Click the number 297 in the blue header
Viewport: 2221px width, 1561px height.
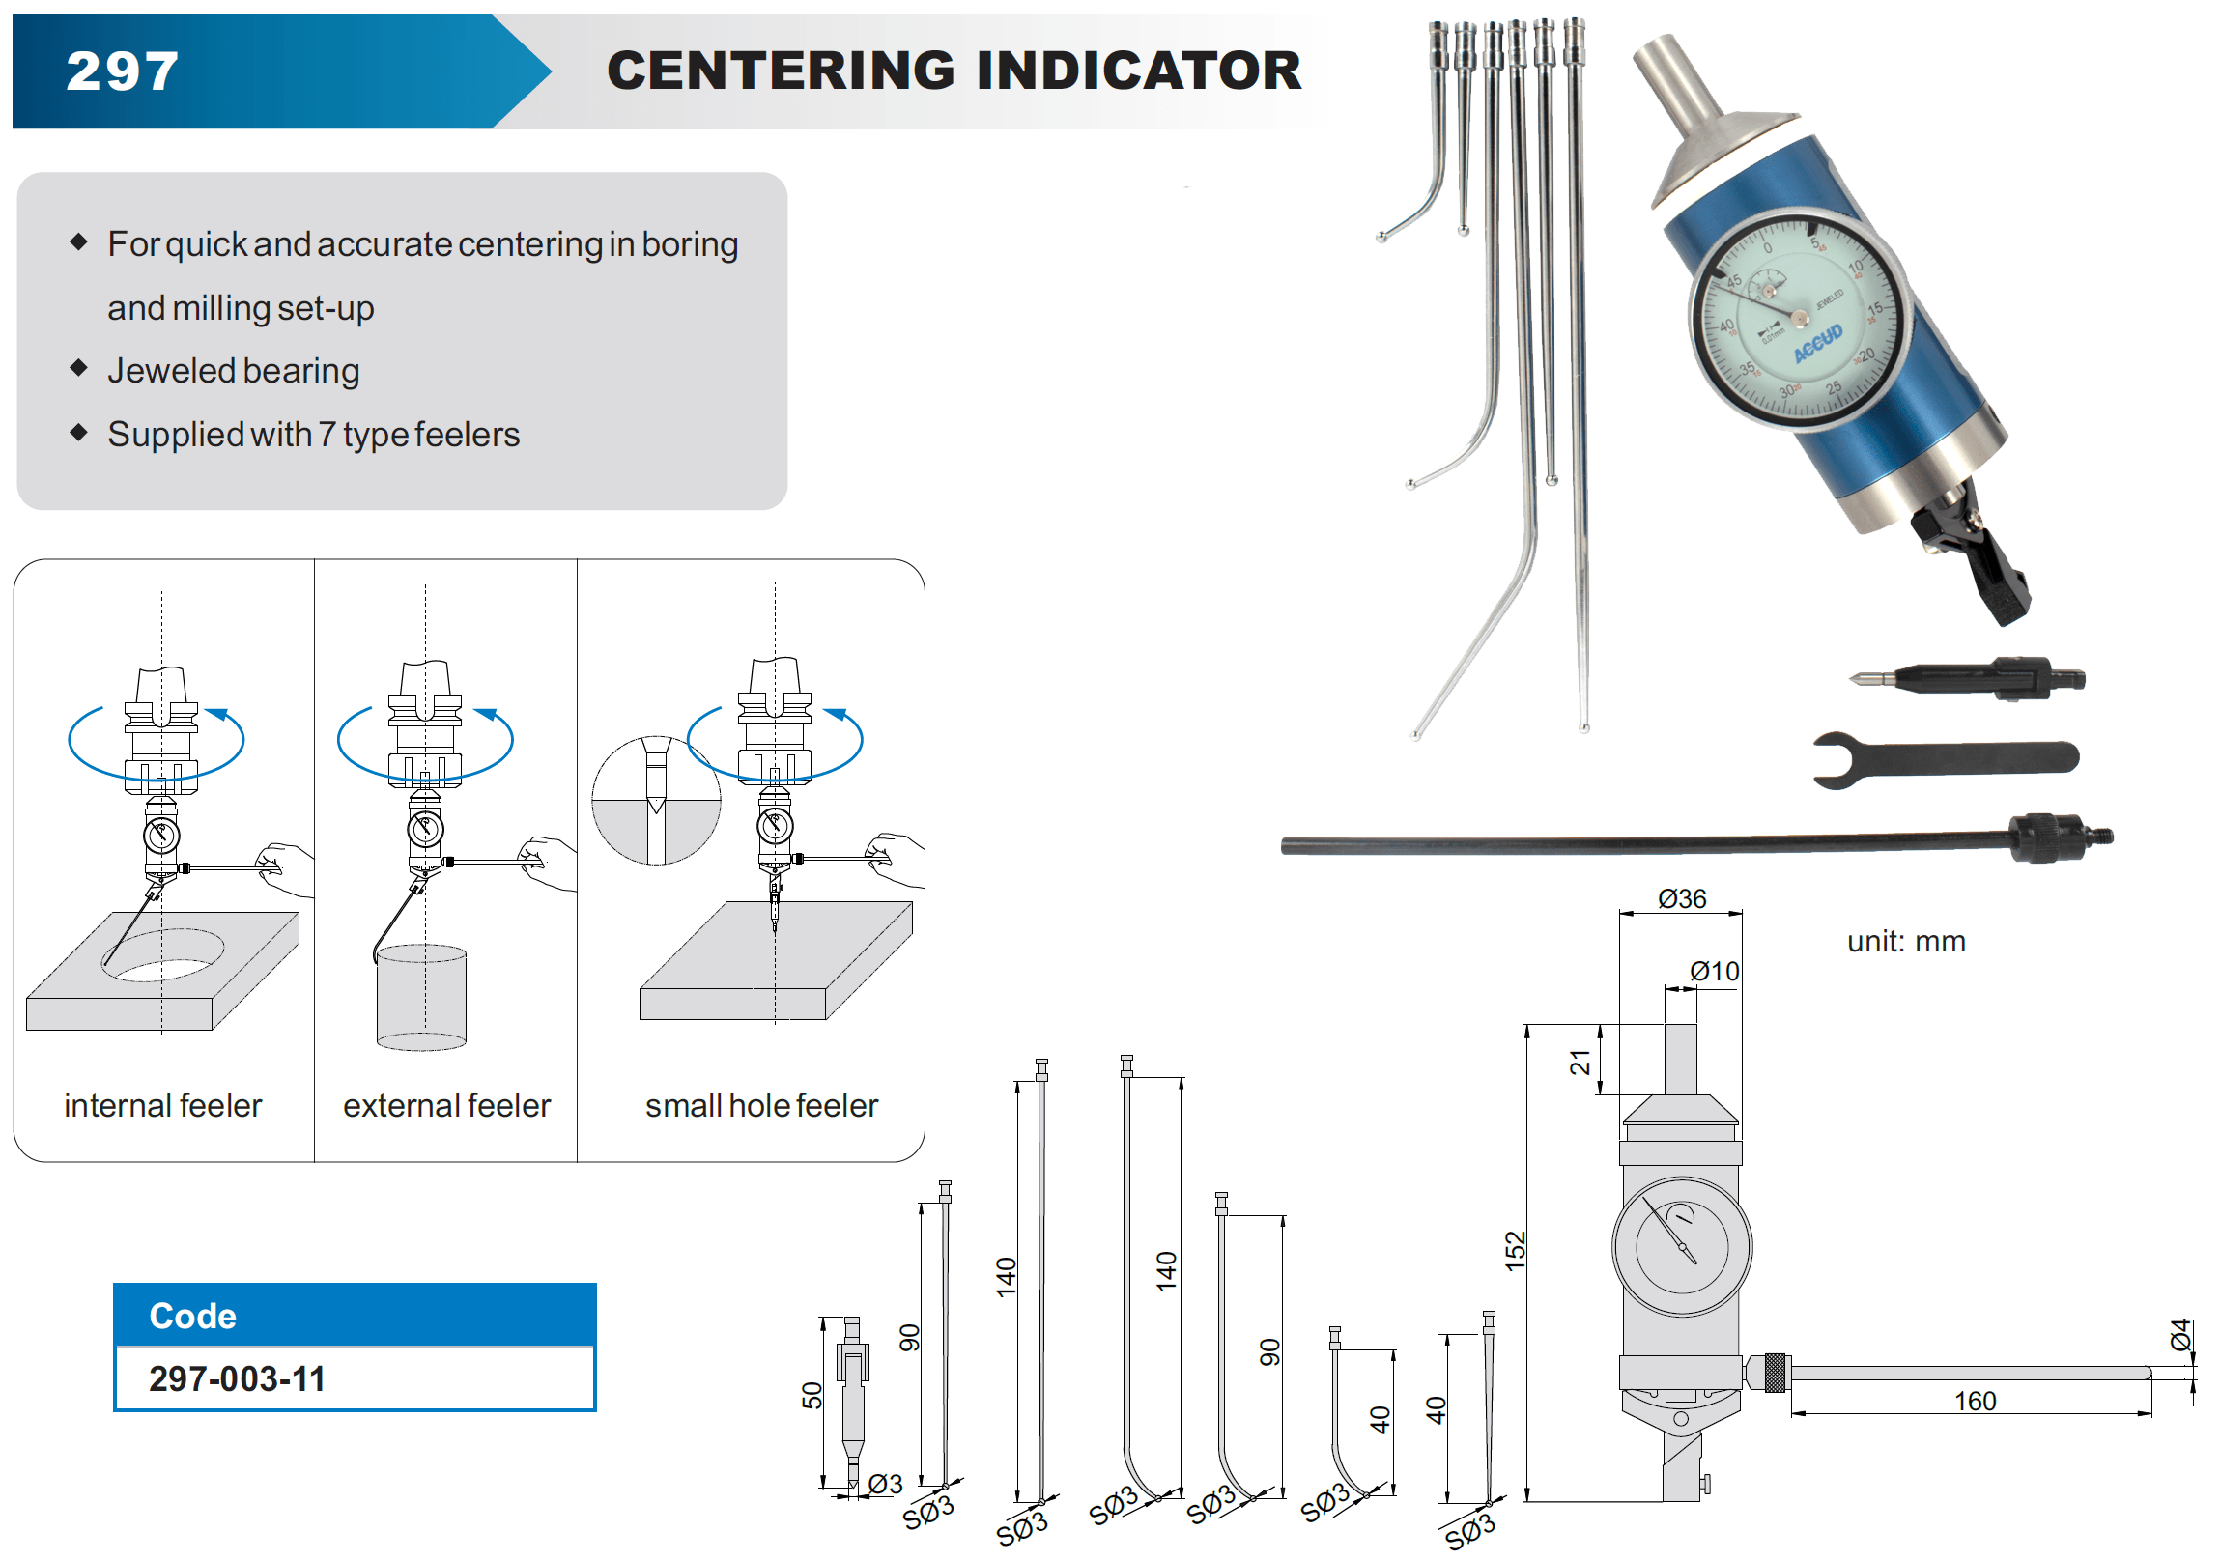coord(123,71)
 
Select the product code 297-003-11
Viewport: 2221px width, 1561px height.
coord(237,1378)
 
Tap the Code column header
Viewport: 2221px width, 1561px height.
coord(192,1316)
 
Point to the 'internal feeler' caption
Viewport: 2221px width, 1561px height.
coord(162,1105)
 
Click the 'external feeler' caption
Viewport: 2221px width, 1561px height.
coord(446,1105)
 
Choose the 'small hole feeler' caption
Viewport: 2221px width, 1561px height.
coord(761,1105)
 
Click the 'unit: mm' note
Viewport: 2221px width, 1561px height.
coord(1906,941)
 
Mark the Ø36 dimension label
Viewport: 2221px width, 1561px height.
coord(1681,898)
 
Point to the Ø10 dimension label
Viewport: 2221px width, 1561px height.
coord(1714,971)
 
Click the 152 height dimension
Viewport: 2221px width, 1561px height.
coord(1515,1251)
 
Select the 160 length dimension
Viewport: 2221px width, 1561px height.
coord(1975,1401)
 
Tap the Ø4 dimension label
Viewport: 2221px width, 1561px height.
coord(2180,1334)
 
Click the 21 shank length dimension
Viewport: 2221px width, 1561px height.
coord(1580,1062)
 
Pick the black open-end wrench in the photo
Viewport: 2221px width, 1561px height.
coord(1945,758)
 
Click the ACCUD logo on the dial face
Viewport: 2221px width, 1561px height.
coord(1817,343)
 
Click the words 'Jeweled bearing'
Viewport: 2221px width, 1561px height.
coord(233,370)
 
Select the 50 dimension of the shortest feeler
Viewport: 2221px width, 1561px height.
coord(812,1395)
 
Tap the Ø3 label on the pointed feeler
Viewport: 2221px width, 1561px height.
coord(884,1484)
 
